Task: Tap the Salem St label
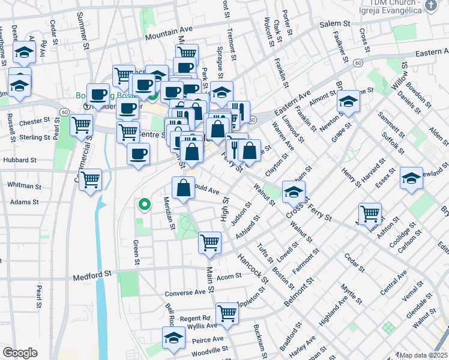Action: tap(334, 23)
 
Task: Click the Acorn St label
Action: tap(229, 276)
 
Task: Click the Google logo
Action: tap(19, 353)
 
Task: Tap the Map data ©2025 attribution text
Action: tap(424, 355)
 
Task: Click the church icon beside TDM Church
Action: tap(430, 6)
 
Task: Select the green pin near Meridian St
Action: tap(144, 205)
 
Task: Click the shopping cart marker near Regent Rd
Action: tap(227, 312)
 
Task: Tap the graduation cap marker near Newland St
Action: tap(411, 179)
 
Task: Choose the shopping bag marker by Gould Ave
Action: tap(183, 188)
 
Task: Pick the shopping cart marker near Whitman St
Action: tap(90, 179)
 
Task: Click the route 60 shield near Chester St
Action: tap(64, 111)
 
